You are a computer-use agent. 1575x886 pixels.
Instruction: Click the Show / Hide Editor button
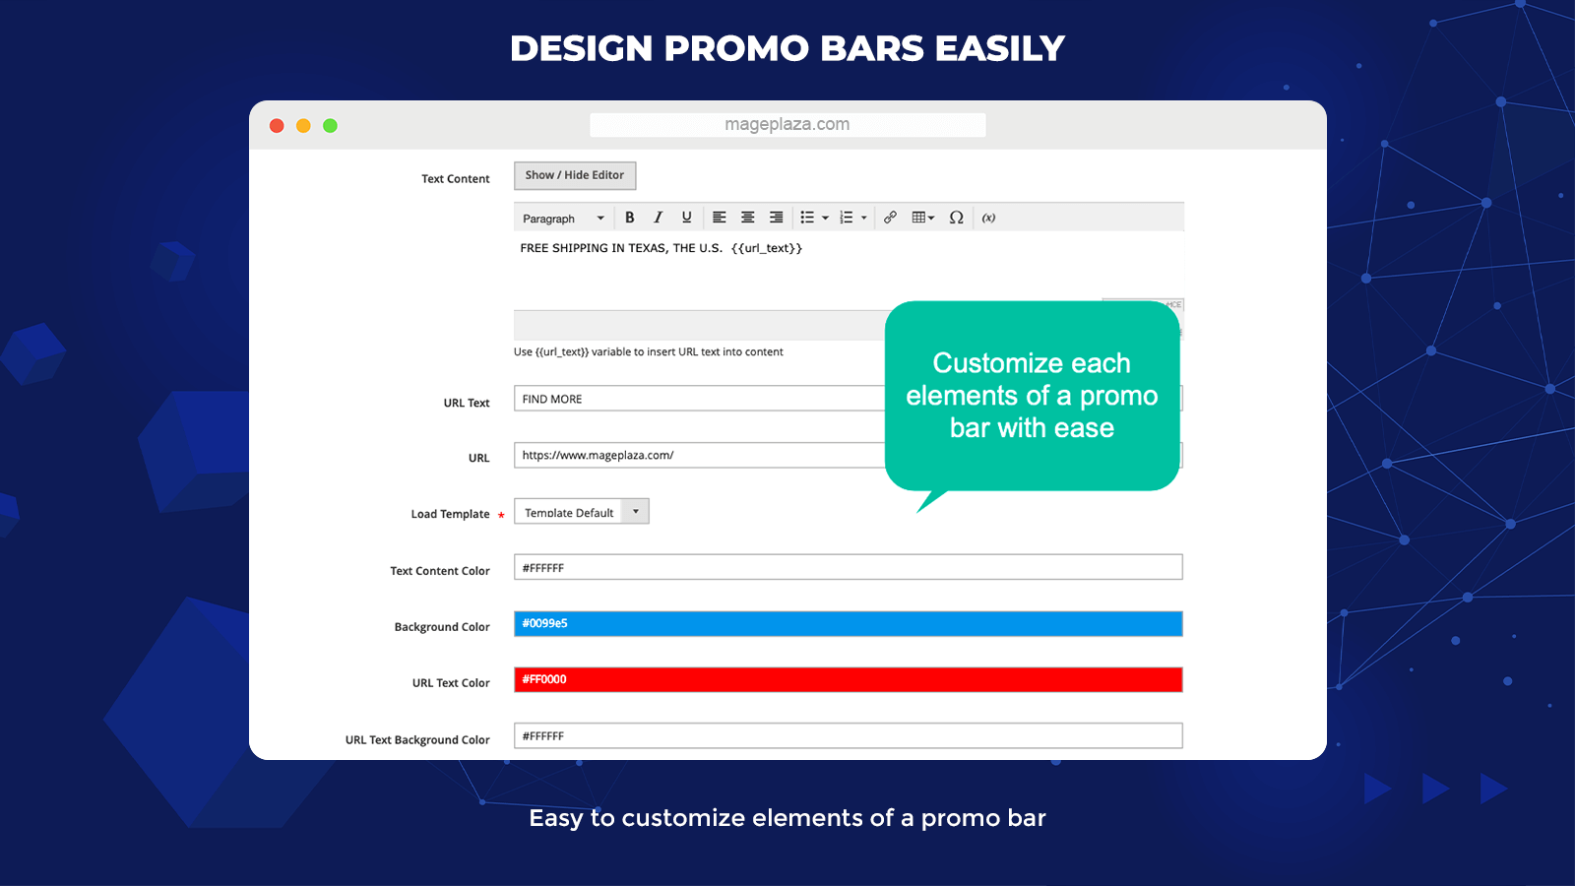pos(575,175)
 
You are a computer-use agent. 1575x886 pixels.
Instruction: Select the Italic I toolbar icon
pos(658,218)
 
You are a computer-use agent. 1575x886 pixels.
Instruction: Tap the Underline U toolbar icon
pos(686,218)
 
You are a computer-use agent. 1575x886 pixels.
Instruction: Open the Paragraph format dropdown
pos(563,219)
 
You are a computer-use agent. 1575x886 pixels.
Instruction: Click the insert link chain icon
pos(890,218)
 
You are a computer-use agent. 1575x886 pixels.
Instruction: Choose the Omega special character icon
pos(956,218)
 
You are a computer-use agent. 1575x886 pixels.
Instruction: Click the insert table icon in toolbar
pos(921,218)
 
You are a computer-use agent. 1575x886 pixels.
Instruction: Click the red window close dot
pos(277,126)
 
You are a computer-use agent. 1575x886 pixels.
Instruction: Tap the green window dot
pos(331,126)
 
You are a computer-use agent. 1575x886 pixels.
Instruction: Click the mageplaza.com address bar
pos(787,125)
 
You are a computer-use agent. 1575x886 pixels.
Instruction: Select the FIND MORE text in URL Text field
pos(552,399)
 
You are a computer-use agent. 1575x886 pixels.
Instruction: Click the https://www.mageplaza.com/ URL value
pos(598,455)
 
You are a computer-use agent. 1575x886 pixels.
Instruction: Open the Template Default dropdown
pos(581,512)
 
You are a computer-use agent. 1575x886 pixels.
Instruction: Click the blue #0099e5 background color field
pos(848,623)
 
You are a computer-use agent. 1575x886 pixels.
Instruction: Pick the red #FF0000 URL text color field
pos(848,679)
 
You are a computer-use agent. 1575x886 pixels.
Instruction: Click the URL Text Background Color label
pos(417,740)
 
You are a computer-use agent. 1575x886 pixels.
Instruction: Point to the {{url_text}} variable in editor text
pos(767,248)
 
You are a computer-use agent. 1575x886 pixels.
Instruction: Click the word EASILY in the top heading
pos(999,48)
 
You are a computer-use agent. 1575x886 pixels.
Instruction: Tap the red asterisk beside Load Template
pos(501,515)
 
